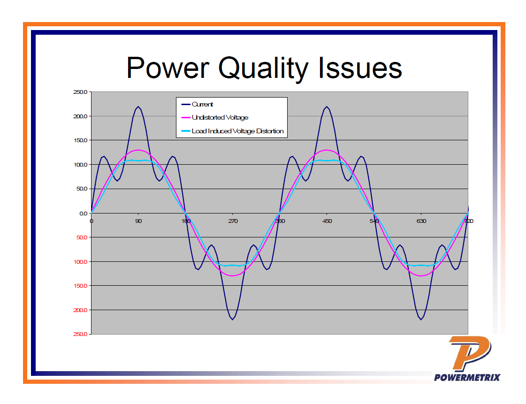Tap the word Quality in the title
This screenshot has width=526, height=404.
tap(263, 69)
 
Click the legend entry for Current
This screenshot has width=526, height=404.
tap(202, 105)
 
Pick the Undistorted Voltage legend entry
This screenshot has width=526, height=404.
tap(220, 118)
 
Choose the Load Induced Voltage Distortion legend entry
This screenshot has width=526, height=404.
tap(237, 131)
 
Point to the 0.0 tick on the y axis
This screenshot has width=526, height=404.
tap(84, 213)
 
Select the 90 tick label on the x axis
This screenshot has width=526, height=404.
tap(138, 221)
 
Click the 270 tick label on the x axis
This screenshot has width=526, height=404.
tap(233, 221)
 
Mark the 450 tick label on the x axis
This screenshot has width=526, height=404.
tap(327, 221)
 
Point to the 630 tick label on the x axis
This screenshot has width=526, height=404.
tap(421, 221)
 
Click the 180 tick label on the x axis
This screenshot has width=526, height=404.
tap(185, 221)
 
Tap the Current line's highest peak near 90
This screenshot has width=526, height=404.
tap(138, 107)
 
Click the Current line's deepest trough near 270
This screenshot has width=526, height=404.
tap(233, 319)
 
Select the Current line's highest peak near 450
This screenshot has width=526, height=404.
tap(327, 107)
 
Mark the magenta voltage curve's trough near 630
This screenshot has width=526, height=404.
tap(421, 275)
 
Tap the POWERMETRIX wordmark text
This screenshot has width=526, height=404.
tap(467, 377)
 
